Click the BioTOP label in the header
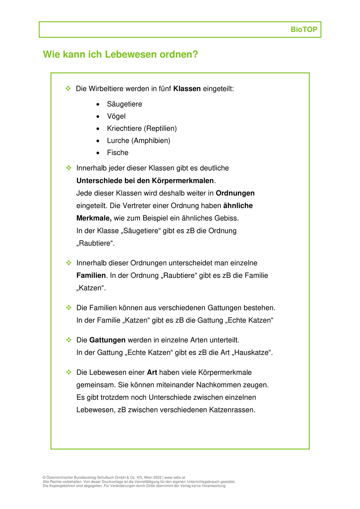point(304,30)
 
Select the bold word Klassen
point(187,89)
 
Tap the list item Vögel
point(116,116)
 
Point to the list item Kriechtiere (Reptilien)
point(142,129)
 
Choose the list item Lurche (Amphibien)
point(138,141)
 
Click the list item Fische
point(117,153)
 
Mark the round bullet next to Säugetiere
point(98,104)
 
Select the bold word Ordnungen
point(235,193)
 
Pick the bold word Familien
point(91,275)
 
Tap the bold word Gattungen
point(107,340)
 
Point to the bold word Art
point(152,372)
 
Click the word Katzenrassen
point(232,410)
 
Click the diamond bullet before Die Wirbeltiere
point(68,88)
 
